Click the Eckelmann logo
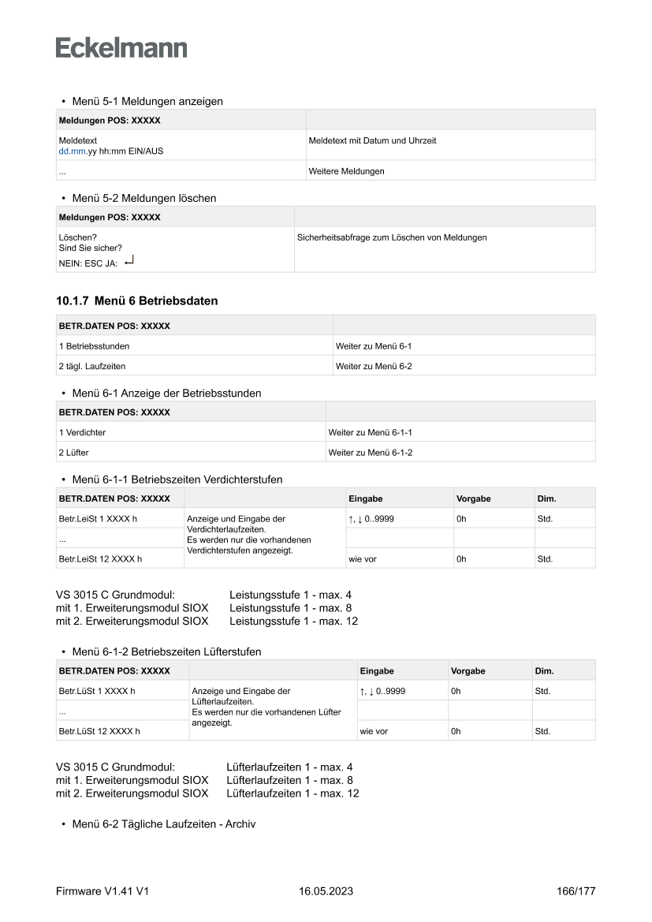[121, 47]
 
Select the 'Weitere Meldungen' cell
[347, 171]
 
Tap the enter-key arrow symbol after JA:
[129, 261]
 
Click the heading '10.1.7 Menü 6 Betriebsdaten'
[136, 300]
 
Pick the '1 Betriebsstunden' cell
[95, 345]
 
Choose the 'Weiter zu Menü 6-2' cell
[374, 366]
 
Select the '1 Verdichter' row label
[82, 432]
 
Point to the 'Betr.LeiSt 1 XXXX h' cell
[100, 519]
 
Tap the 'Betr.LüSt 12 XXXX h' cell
[99, 731]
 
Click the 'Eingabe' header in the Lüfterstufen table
[377, 671]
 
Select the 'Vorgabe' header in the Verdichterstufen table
[473, 498]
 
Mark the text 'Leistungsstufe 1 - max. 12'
[293, 621]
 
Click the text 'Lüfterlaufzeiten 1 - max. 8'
[289, 780]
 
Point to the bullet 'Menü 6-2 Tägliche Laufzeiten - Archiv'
[163, 824]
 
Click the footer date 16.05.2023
[326, 891]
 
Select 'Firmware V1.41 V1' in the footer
[102, 891]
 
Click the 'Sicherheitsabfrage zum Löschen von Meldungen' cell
[392, 237]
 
